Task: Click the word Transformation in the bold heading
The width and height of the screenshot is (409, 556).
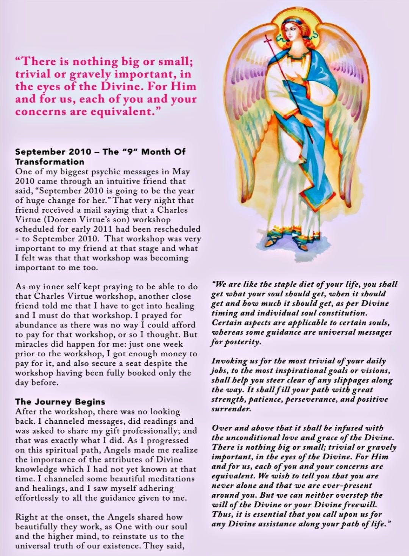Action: (x=50, y=161)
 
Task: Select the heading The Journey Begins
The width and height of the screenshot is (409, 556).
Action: (x=60, y=402)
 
